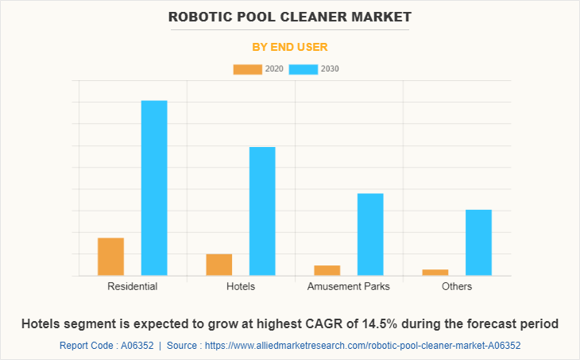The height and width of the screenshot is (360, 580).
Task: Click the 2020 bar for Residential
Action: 110,257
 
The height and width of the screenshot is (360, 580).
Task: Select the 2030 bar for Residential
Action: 154,188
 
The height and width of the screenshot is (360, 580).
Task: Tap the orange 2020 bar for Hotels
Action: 218,265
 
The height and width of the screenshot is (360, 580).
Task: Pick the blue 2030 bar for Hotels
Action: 262,211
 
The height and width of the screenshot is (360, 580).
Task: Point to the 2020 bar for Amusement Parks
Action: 327,270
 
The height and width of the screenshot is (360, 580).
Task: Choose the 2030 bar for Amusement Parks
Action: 370,234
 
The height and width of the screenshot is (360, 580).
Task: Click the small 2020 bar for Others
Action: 435,273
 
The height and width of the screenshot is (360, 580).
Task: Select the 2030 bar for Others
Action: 478,242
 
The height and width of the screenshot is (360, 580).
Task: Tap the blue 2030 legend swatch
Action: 304,69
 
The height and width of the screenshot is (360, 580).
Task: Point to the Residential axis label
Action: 132,286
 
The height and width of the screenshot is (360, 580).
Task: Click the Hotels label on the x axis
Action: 241,286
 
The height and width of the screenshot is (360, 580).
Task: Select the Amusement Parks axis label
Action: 349,286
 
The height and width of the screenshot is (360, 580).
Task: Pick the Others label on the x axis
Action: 457,286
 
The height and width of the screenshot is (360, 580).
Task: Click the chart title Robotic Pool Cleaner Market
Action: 290,16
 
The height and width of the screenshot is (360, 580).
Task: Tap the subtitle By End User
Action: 290,47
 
